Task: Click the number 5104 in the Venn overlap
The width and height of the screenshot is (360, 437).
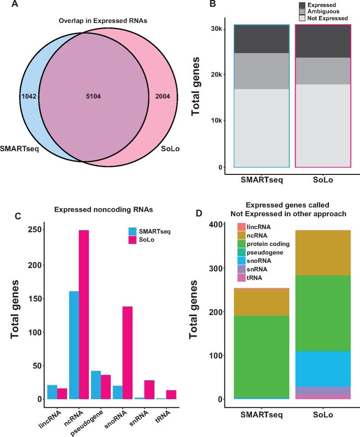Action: point(93,96)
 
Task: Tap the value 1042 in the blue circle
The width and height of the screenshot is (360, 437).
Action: point(28,96)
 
